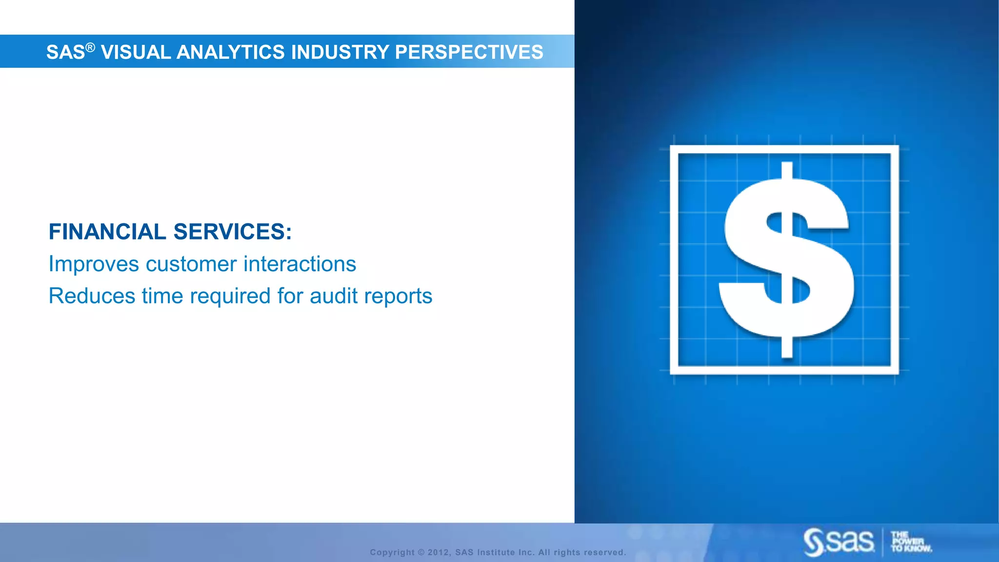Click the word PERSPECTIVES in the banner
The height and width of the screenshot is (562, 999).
pos(469,52)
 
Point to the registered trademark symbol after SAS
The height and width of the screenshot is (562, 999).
pos(90,47)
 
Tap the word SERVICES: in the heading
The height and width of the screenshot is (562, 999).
pos(233,232)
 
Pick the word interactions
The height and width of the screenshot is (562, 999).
pos(300,264)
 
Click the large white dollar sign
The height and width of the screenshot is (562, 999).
pos(786,259)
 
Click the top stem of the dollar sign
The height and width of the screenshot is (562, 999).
pos(786,170)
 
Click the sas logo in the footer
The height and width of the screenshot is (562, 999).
pos(839,542)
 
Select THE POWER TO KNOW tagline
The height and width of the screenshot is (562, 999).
pos(910,542)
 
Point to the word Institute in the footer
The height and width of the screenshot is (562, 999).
pos(496,552)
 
